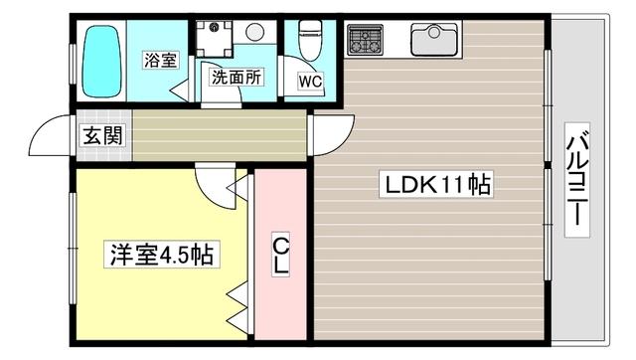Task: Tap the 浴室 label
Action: [x=159, y=60]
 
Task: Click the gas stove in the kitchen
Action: [x=365, y=41]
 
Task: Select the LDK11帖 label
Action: [x=432, y=185]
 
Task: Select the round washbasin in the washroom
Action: [x=254, y=32]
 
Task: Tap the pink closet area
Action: [x=281, y=298]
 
